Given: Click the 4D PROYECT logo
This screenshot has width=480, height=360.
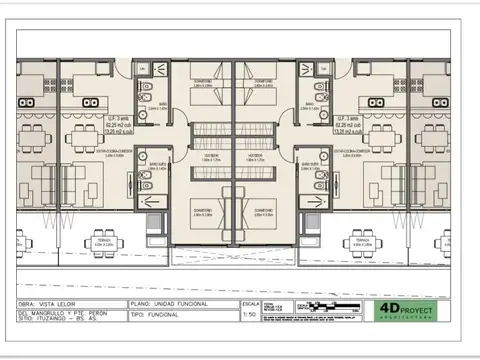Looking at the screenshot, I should click(407, 309).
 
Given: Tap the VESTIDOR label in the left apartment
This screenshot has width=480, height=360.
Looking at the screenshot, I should click(210, 156).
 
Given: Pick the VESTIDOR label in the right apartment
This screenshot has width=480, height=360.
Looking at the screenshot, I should click(254, 156).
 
